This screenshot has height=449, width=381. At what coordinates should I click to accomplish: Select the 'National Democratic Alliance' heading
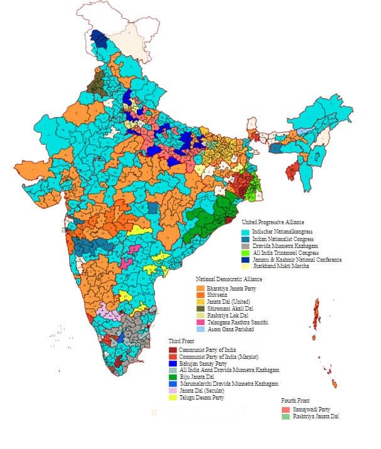coord(228,278)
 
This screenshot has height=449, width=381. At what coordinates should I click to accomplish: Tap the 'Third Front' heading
coord(182,340)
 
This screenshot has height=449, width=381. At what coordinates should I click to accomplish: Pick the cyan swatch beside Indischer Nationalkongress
coord(247,232)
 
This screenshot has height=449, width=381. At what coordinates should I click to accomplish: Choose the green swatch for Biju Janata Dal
coord(173,376)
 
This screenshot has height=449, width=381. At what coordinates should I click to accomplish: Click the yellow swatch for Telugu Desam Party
coord(173,397)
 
